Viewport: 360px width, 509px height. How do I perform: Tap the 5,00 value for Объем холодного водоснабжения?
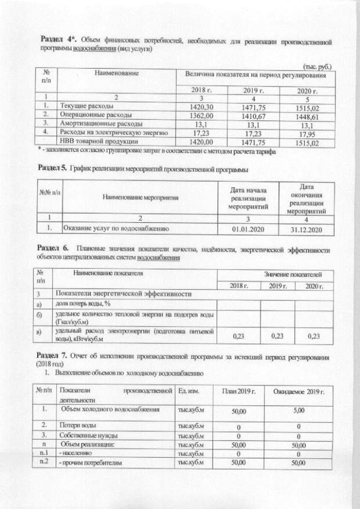pyautogui.click(x=298, y=411)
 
